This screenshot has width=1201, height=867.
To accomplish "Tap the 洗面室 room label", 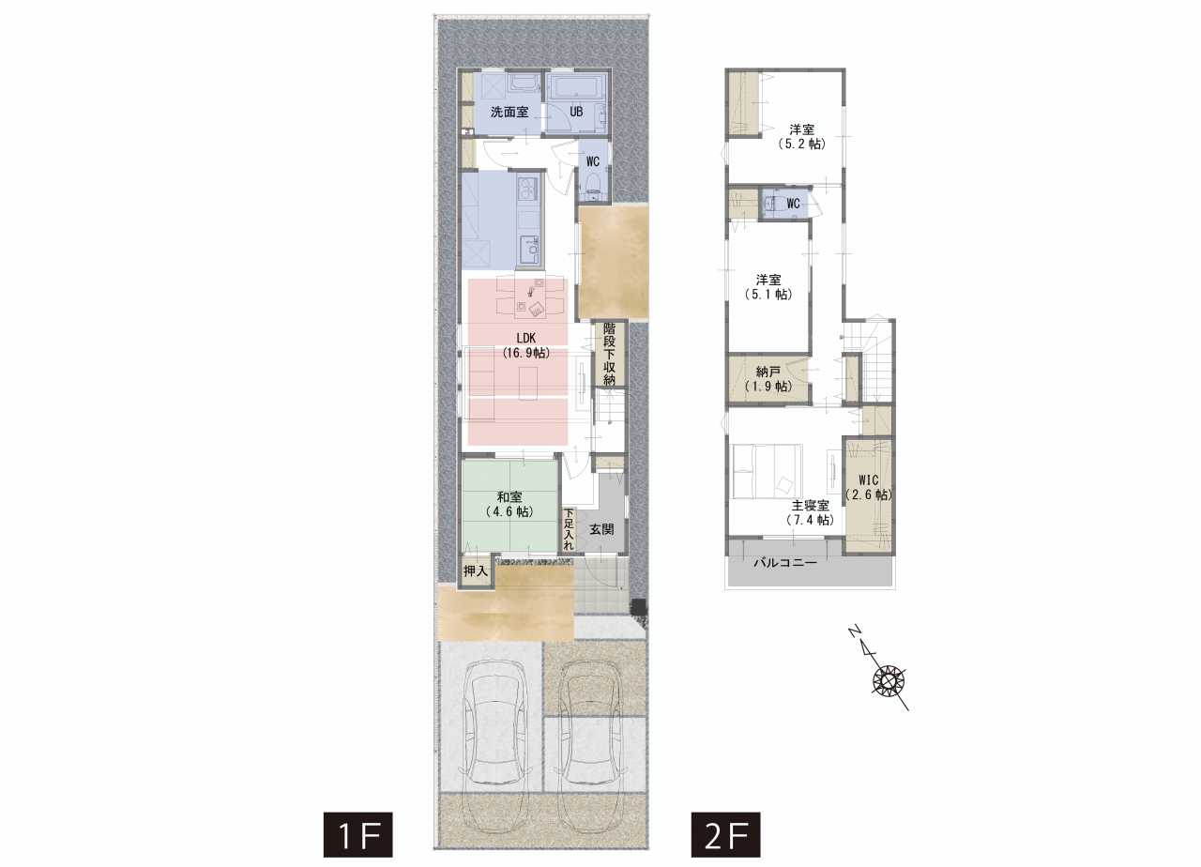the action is tap(509, 112).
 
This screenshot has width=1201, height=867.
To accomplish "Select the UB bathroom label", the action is tap(576, 112).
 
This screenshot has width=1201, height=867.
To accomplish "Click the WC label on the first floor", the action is tap(592, 161).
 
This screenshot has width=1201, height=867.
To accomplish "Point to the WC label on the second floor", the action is tap(793, 204).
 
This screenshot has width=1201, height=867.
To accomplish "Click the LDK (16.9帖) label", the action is tap(526, 345).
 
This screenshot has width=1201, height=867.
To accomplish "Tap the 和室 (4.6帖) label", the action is tap(509, 505).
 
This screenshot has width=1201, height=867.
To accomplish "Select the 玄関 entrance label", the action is tap(601, 530).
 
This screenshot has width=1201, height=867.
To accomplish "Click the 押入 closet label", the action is tap(476, 571).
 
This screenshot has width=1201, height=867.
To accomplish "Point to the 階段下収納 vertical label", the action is tap(609, 354).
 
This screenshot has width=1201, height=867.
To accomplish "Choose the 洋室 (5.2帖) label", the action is tap(801, 137).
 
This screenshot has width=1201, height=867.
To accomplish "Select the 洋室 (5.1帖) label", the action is tap(768, 287).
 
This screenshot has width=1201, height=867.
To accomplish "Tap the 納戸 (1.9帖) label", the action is tap(768, 378).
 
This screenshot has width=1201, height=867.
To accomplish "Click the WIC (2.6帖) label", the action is tap(869, 487).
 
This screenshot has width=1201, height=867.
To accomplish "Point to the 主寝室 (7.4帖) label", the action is tap(810, 512).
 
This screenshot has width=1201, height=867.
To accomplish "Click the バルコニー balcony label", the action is tap(785, 563).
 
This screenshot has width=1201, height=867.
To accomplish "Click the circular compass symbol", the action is tap(889, 681).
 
